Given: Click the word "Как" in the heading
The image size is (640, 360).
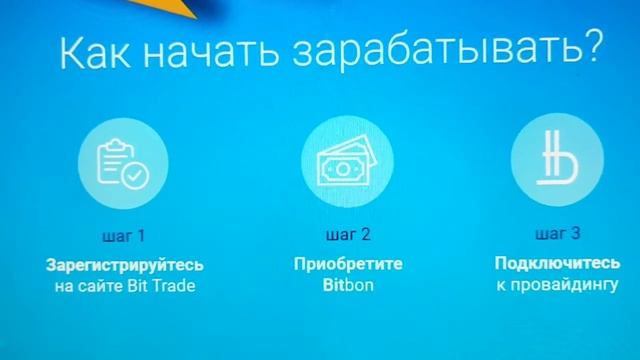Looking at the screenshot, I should pyautogui.click(x=96, y=53).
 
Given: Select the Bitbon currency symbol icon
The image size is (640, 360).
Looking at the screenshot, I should pyautogui.click(x=555, y=161).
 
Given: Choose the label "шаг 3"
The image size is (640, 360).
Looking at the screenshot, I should pyautogui.click(x=558, y=235).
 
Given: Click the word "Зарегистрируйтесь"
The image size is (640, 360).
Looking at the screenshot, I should pyautogui.click(x=124, y=266).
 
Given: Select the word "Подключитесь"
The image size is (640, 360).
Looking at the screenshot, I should pyautogui.click(x=556, y=264).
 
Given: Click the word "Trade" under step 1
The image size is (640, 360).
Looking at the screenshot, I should pyautogui.click(x=176, y=287).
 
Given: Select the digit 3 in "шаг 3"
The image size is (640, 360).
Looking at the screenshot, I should pyautogui.click(x=574, y=235).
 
